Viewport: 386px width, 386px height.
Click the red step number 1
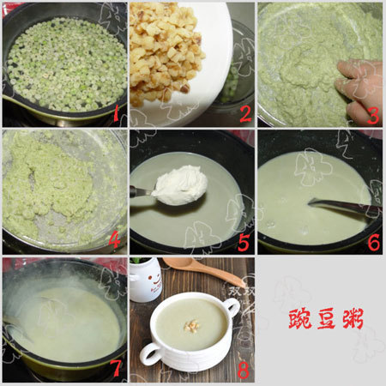pos(117,113)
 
